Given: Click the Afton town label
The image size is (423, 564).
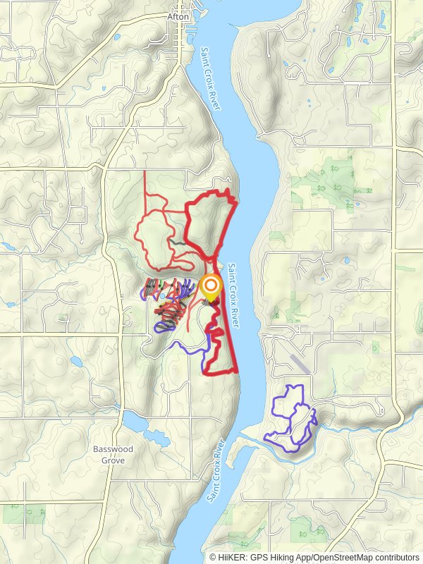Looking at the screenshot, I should (x=179, y=16).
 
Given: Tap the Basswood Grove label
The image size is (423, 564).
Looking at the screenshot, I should (x=113, y=455).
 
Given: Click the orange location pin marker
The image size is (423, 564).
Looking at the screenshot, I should (x=210, y=288).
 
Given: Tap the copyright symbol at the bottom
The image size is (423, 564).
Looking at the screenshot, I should (x=214, y=557).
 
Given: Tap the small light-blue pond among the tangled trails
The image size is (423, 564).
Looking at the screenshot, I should (x=164, y=305).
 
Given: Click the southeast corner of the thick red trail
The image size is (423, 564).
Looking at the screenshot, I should (x=235, y=371).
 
